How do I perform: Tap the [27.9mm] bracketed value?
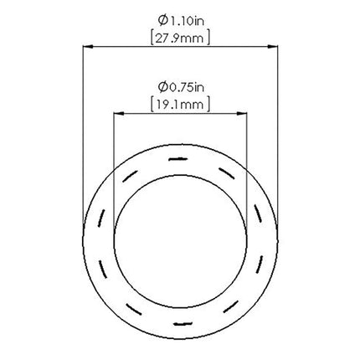pyautogui.click(x=180, y=39)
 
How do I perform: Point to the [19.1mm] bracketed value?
pyautogui.click(x=180, y=105)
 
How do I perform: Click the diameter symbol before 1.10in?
pyautogui.click(x=162, y=21)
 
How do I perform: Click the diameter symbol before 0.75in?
pyautogui.click(x=162, y=87)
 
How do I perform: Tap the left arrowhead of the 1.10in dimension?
pyautogui.click(x=88, y=47)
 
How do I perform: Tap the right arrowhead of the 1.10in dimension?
pyautogui.click(x=273, y=47)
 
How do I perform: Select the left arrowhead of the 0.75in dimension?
pyautogui.click(x=119, y=113)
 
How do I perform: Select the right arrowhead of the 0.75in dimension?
pyautogui.click(x=242, y=113)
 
